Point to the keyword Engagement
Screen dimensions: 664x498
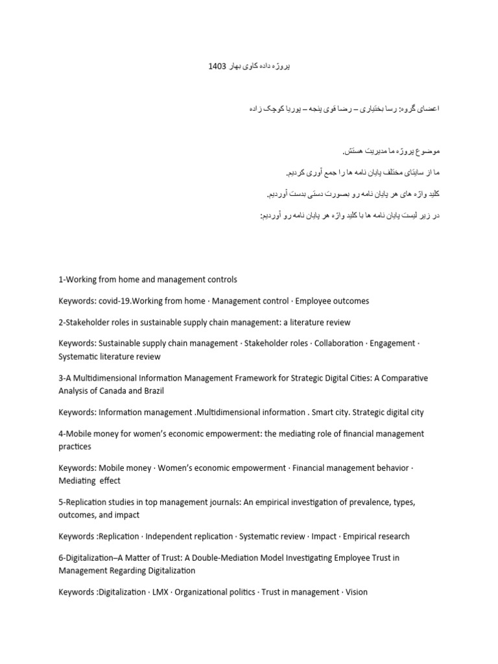pyautogui.click(x=392, y=344)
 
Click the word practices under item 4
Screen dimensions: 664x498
pyautogui.click(x=75, y=447)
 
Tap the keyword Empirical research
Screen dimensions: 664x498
pyautogui.click(x=377, y=536)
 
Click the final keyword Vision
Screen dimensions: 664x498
pyautogui.click(x=356, y=592)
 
